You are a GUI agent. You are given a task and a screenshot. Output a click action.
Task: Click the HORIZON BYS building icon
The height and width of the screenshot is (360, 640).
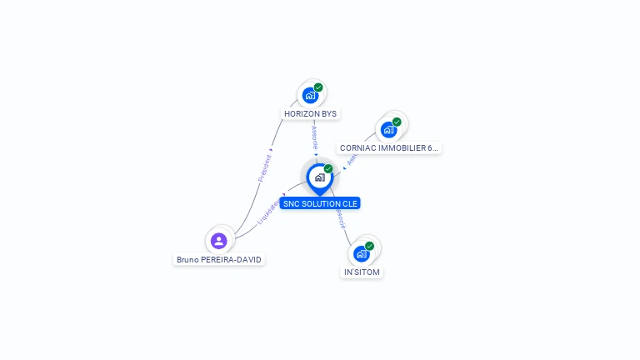click(x=310, y=95)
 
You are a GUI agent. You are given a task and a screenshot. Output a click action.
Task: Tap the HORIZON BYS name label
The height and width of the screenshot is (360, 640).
click(x=311, y=113)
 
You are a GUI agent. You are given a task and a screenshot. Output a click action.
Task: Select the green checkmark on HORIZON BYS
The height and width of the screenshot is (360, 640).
click(x=318, y=87)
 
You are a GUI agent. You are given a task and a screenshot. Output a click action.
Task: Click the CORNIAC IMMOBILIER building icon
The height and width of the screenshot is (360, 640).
click(x=388, y=130)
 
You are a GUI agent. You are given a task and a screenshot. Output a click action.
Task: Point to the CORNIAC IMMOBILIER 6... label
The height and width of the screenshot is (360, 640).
click(x=388, y=148)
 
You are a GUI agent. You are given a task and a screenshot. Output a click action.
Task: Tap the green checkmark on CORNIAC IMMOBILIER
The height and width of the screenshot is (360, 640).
click(x=397, y=122)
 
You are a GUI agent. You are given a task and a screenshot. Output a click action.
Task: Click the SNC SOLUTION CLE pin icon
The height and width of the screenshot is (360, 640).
click(x=319, y=177)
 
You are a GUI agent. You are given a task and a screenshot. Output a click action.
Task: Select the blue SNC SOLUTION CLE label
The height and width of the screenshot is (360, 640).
click(x=320, y=203)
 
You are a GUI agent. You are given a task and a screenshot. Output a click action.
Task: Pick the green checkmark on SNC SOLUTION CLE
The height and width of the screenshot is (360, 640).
click(x=328, y=169)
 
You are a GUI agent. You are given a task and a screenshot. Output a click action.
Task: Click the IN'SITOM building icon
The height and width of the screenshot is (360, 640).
click(x=361, y=253)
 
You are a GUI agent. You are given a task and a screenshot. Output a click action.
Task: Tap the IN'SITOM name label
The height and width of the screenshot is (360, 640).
click(x=362, y=272)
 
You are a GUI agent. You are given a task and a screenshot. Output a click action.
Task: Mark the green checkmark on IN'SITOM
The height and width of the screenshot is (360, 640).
click(x=369, y=246)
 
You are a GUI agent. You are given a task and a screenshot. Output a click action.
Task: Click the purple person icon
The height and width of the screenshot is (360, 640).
click(x=219, y=241)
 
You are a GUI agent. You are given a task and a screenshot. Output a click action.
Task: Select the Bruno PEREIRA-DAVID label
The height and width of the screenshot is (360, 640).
click(x=219, y=260)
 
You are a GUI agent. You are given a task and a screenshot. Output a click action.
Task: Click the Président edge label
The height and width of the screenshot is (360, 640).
click(x=265, y=167)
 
